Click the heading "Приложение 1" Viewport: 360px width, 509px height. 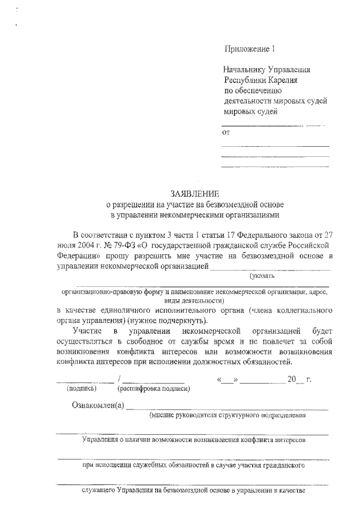249,49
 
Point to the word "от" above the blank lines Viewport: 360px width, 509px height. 227,133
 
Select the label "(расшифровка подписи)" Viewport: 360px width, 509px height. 152,388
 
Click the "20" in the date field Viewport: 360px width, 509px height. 291,379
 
